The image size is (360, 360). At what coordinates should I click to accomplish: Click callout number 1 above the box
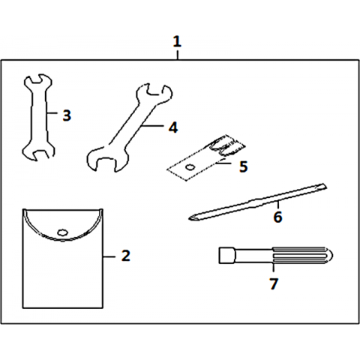(x=177, y=41)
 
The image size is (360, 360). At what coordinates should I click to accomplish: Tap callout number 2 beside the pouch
(x=126, y=256)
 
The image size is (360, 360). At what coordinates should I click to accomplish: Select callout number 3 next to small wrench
(x=67, y=115)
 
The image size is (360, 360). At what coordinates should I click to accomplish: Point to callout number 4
(x=173, y=127)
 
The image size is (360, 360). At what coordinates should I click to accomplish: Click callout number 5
(x=243, y=166)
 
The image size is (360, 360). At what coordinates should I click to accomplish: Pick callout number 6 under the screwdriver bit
(x=277, y=217)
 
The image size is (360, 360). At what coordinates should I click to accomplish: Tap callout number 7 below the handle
(x=274, y=283)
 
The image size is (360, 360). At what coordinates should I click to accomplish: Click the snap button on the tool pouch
(x=62, y=232)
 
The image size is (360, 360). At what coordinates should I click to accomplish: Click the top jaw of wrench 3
(x=38, y=80)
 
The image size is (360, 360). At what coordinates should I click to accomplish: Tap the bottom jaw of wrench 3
(x=38, y=152)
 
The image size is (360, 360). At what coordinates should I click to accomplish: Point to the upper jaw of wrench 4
(x=154, y=93)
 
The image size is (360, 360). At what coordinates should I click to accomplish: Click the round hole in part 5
(x=190, y=166)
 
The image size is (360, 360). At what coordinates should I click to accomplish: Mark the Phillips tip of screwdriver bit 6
(x=193, y=217)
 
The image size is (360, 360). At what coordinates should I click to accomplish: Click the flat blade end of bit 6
(x=322, y=187)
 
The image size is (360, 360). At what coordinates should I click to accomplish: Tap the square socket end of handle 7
(x=227, y=255)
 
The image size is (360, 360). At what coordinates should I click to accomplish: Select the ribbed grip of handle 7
(x=302, y=255)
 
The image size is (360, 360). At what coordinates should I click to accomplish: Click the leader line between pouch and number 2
(x=109, y=256)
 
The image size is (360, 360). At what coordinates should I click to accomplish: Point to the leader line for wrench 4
(x=153, y=126)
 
